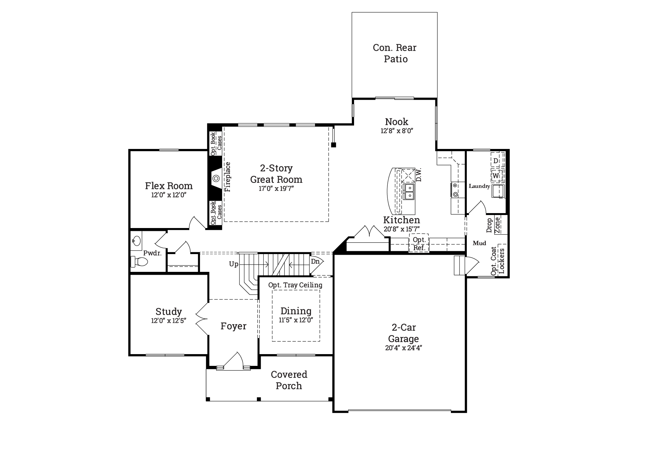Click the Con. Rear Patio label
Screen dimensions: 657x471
[395, 53]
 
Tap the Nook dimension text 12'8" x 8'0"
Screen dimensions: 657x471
[397, 131]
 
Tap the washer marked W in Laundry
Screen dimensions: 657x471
[496, 176]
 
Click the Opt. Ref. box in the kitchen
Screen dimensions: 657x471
[419, 244]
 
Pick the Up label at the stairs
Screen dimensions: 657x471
[234, 264]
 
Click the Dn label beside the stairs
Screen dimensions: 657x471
[315, 261]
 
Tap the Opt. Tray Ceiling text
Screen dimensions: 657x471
[295, 285]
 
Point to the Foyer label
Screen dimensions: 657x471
[233, 326]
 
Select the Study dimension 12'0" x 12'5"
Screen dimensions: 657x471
[169, 321]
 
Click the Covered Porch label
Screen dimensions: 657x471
[289, 380]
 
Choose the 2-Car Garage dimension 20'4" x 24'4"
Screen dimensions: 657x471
[403, 348]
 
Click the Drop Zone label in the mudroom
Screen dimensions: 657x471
[493, 225]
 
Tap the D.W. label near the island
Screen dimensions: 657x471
[419, 175]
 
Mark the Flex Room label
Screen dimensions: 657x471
[169, 186]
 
